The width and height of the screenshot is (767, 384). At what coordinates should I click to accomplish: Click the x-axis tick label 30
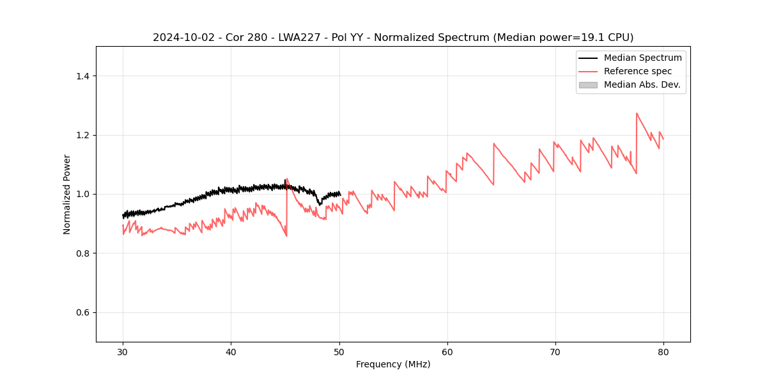click(123, 352)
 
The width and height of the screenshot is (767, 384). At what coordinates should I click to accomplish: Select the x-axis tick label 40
click(231, 352)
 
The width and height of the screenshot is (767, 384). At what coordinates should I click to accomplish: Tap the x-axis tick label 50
click(339, 352)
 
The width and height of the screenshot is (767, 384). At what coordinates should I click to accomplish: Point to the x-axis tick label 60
click(447, 352)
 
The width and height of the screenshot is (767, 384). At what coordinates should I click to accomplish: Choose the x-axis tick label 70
click(555, 352)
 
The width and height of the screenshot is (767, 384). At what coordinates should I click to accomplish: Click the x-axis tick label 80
click(663, 352)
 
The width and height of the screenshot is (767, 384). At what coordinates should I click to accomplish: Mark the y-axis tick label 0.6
click(82, 312)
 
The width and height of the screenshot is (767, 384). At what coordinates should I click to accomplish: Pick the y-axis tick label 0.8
click(82, 253)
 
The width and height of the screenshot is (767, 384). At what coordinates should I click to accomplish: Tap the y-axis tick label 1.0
click(82, 194)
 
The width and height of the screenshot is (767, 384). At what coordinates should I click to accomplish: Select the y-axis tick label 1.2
click(82, 135)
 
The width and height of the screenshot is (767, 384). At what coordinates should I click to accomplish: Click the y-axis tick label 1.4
click(82, 76)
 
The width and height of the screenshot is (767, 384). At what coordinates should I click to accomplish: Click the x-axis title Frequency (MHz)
click(393, 365)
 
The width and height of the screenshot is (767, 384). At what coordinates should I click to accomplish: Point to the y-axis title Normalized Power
click(67, 194)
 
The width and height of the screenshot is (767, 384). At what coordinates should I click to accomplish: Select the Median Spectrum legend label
click(642, 58)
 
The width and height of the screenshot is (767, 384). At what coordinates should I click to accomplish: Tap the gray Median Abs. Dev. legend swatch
click(588, 84)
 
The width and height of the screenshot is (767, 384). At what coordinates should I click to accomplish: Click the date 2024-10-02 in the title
click(180, 38)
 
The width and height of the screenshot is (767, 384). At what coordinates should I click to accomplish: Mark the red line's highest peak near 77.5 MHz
click(637, 113)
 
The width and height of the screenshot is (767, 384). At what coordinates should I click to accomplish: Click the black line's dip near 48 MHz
click(320, 205)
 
